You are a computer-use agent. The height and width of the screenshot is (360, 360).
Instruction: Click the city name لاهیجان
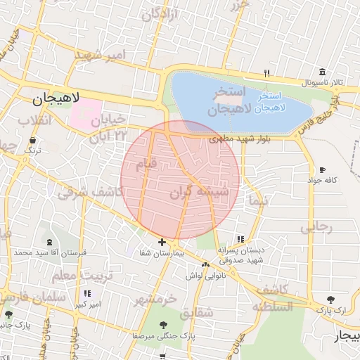coord(56,100)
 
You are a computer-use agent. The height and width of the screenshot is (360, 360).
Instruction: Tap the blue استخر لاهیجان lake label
coord(270,102)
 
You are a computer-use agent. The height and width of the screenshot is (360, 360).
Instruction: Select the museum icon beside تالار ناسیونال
coord(322,72)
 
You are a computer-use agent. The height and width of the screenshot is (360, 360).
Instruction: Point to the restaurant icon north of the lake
coord(266,72)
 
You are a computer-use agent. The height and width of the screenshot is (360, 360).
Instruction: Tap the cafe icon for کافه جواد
coord(322,170)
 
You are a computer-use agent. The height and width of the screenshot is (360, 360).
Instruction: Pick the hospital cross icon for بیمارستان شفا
coord(162,242)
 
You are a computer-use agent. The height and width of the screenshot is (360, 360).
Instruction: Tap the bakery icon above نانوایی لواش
coord(205,264)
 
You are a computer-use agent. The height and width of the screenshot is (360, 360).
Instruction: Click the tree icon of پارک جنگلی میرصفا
coord(163,325)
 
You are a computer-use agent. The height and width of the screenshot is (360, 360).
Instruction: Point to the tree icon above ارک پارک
coord(331,299)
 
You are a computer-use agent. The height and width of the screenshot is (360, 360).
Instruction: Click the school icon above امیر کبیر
coord(87,293)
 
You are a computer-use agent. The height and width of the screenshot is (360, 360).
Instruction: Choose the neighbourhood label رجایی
coord(316,227)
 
